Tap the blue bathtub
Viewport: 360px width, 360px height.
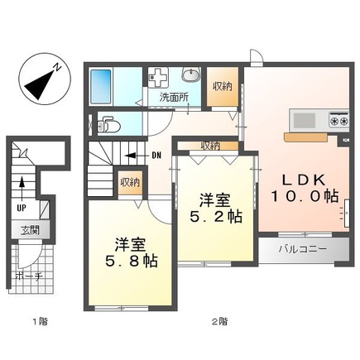pos(100,85)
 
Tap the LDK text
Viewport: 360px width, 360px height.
pos(305,179)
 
